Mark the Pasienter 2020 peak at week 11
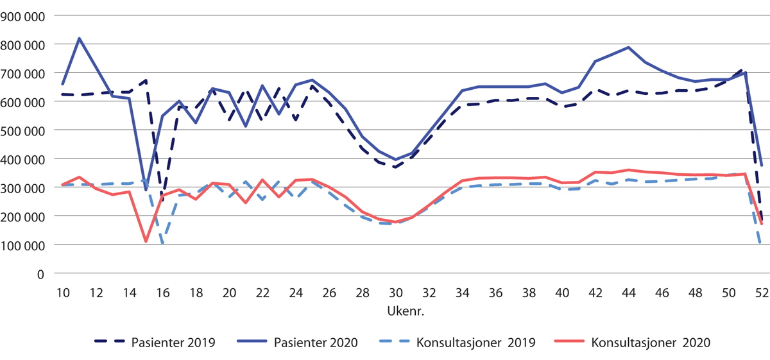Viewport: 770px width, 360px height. [79, 39]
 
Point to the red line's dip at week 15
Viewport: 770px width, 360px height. [146, 241]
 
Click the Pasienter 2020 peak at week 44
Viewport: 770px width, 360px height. [628, 47]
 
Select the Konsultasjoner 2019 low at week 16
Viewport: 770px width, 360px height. [162, 243]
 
